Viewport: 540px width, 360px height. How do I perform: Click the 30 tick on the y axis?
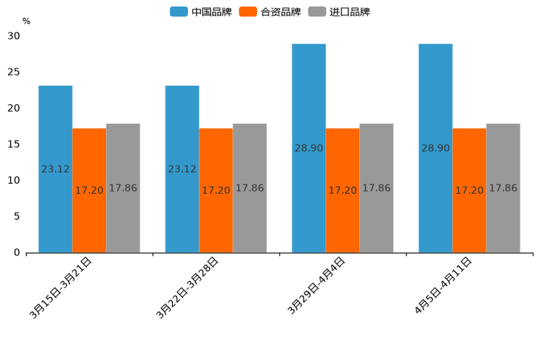click(14, 36)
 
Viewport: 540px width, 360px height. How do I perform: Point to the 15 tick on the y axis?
click(14, 144)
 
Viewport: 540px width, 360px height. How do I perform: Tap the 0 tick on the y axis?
click(17, 253)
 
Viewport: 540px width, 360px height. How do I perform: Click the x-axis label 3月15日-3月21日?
click(61, 287)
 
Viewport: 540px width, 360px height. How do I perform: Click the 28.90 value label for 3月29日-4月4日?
click(308, 148)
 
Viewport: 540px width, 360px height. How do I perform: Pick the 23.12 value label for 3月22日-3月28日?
click(182, 169)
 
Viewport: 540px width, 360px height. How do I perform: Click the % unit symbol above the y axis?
click(26, 21)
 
